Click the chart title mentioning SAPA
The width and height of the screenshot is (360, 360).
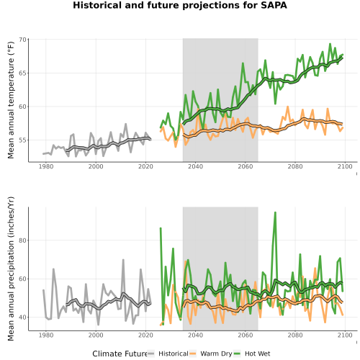pyautogui.click(x=180, y=5)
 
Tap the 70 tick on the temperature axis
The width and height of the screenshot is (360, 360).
pyautogui.click(x=22, y=40)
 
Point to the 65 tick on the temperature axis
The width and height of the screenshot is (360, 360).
pyautogui.click(x=22, y=73)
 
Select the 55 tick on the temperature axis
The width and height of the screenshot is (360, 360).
pyautogui.click(x=22, y=140)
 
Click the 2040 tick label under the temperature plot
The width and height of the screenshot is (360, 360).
pyautogui.click(x=195, y=166)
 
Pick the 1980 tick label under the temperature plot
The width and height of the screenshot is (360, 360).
pyautogui.click(x=46, y=166)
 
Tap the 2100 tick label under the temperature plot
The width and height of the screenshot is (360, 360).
pyautogui.click(x=345, y=166)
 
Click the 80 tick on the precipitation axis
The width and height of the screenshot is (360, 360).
pyautogui.click(x=22, y=240)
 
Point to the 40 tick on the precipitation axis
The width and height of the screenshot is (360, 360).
pyautogui.click(x=22, y=318)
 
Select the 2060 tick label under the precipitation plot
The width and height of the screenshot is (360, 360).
pyautogui.click(x=246, y=335)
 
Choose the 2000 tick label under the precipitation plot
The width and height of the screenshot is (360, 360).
pyautogui.click(x=96, y=335)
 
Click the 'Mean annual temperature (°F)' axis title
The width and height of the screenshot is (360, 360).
pyautogui.click(x=11, y=100)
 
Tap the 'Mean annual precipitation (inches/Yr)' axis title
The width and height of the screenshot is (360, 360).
pyautogui.click(x=11, y=269)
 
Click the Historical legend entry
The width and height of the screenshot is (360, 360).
pyautogui.click(x=168, y=354)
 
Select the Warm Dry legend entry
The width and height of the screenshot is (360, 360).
pyautogui.click(x=211, y=354)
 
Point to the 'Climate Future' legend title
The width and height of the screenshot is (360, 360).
pyautogui.click(x=120, y=354)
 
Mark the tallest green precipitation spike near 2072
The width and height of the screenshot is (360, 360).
pyautogui.click(x=275, y=212)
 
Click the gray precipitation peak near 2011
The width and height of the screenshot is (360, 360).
pyautogui.click(x=123, y=260)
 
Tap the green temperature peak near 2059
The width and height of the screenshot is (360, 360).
pyautogui.click(x=243, y=63)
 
